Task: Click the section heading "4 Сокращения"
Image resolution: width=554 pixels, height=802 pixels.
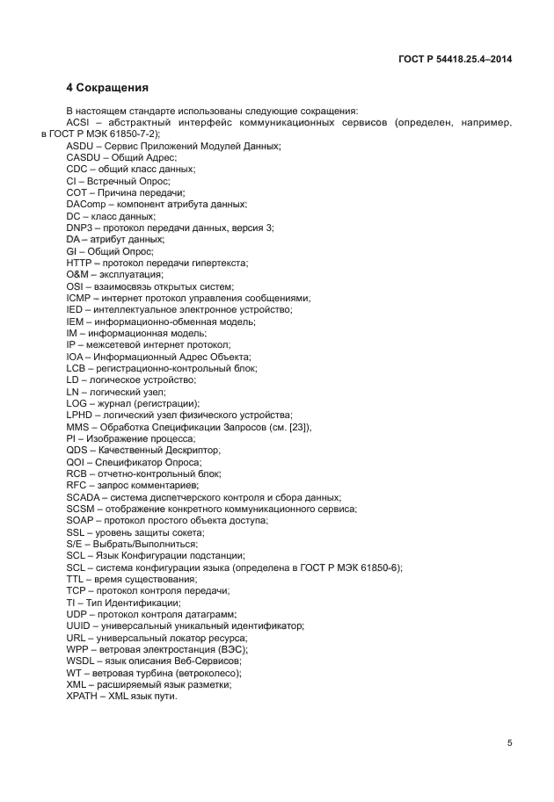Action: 107,88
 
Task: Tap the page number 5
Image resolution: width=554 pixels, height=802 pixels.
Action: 510,743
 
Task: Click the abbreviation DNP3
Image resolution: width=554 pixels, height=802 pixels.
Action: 80,227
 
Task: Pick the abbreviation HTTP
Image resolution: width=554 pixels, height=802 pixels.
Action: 79,262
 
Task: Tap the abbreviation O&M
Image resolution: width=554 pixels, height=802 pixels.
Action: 78,274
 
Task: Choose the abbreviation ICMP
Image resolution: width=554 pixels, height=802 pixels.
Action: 80,297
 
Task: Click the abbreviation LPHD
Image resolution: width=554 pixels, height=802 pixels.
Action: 80,414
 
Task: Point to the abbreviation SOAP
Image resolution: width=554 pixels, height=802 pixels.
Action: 81,520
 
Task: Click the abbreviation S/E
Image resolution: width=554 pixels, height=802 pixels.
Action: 76,543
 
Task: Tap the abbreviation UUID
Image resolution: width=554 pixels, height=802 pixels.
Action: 80,625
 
